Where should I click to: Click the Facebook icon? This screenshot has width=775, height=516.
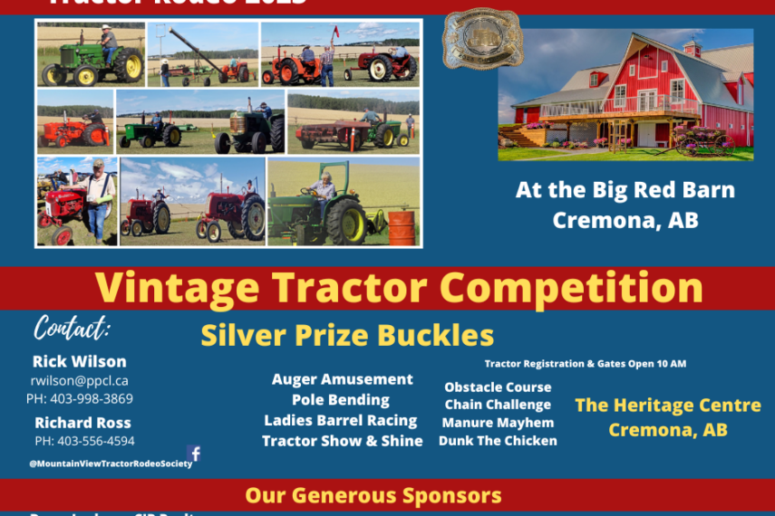click(x=194, y=454)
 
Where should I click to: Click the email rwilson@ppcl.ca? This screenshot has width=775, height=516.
click(x=80, y=380)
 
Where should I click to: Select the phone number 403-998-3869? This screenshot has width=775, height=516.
click(x=80, y=398)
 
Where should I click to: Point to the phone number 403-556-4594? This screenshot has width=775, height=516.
click(x=84, y=441)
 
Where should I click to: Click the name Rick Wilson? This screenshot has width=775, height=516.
click(x=80, y=361)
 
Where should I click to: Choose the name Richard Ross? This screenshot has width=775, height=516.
click(x=82, y=422)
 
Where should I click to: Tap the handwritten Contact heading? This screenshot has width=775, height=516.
click(x=72, y=327)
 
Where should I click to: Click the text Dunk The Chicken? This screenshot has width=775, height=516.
click(x=498, y=441)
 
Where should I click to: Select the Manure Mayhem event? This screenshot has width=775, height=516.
click(x=498, y=423)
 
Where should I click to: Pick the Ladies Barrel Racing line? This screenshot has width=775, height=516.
click(x=341, y=420)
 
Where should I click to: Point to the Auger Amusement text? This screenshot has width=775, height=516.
click(x=342, y=379)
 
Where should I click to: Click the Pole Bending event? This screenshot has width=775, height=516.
click(x=341, y=399)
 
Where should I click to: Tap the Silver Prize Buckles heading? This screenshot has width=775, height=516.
click(x=347, y=335)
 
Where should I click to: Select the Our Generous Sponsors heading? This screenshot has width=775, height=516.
click(x=373, y=495)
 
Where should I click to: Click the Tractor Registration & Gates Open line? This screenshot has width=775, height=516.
click(x=586, y=364)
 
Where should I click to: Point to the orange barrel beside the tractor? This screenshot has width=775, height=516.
click(x=400, y=227)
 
